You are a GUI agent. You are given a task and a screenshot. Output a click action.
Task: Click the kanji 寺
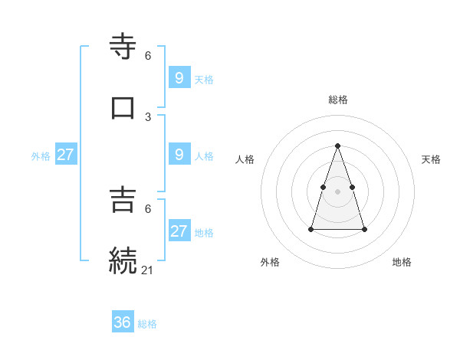(x=123, y=47)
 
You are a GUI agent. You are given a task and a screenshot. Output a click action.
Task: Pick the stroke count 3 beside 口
(x=148, y=116)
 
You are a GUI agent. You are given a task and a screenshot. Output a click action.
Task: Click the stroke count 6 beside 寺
(x=148, y=56)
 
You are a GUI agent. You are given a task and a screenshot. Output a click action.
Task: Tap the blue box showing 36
(x=123, y=322)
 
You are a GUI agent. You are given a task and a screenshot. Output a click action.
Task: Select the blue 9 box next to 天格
(x=179, y=77)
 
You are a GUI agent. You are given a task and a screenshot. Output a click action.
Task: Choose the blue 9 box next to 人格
(x=179, y=155)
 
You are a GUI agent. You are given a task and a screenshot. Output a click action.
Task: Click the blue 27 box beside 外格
(x=66, y=155)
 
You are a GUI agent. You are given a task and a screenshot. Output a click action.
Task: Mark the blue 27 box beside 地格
(x=179, y=231)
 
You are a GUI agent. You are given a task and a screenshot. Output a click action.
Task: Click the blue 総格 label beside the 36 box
(x=147, y=324)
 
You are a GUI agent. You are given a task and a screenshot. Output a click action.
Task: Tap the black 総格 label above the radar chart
(x=338, y=100)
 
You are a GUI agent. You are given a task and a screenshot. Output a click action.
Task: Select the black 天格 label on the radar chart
(x=432, y=159)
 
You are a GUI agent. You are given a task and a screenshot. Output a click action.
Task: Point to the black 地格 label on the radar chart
(x=402, y=262)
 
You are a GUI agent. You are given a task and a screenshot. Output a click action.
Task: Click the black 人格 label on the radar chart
(x=245, y=159)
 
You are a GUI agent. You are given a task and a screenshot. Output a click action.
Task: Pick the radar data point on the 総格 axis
(x=338, y=146)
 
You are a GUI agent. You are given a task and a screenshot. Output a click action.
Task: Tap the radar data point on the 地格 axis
(x=364, y=229)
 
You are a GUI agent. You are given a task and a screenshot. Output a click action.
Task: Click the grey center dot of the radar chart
(x=338, y=190)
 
